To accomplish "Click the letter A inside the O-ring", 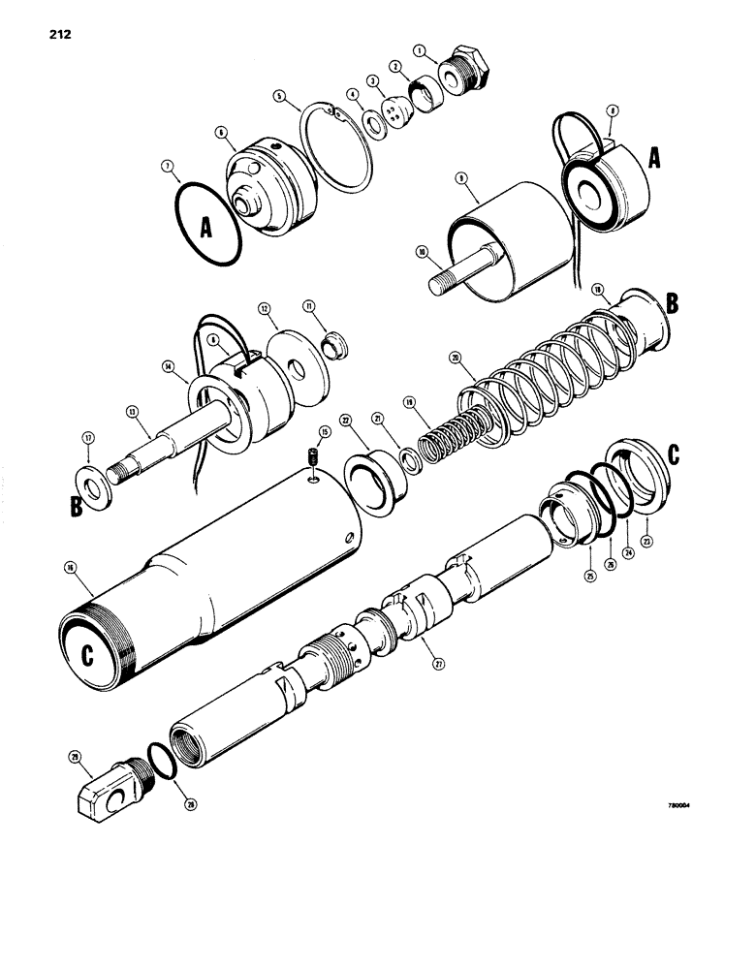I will [x=205, y=229].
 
